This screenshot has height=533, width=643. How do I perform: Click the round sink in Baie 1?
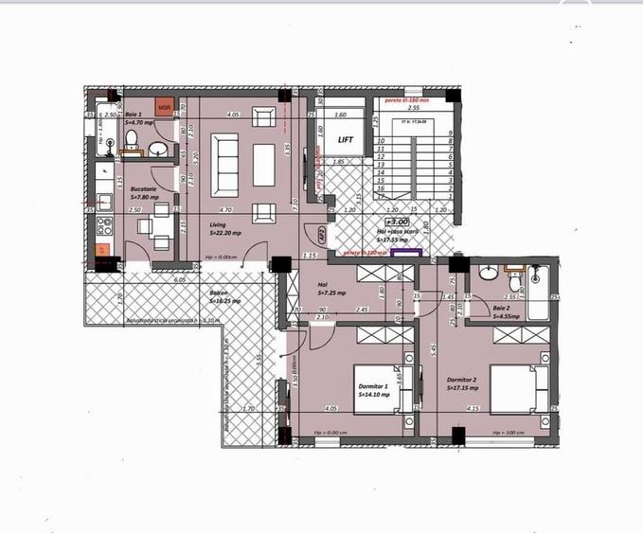point(159,149)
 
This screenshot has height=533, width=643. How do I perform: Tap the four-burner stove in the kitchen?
point(103,225)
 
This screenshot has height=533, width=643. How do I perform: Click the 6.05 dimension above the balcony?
point(179,281)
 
